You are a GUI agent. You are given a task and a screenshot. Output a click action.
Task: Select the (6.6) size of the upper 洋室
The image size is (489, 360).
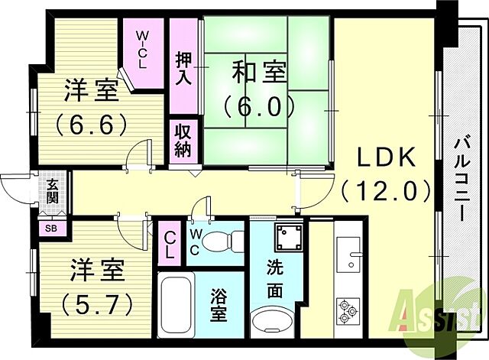click(90, 122)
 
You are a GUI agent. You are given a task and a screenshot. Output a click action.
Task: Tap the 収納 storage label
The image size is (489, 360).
click(183, 140)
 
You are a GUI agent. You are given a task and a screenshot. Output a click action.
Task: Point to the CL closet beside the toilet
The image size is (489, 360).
click(170, 245)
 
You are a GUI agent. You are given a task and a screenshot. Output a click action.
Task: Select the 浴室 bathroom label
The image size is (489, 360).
click(219, 305)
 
